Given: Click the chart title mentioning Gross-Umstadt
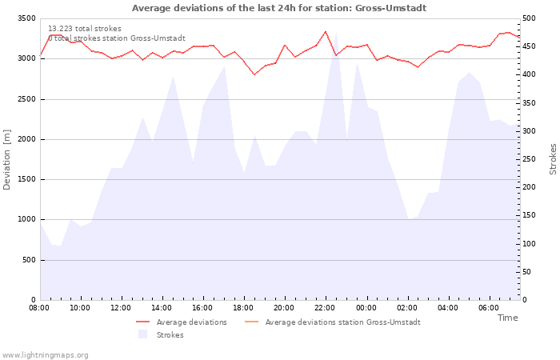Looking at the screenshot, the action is [x=279, y=8].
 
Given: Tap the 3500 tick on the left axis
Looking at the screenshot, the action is [x=26, y=18].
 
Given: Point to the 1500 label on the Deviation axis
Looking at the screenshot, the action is [x=26, y=180].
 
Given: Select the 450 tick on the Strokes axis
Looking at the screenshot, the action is [x=529, y=46].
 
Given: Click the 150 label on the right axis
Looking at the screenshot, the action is [x=529, y=215].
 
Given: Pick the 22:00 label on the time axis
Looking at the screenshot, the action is [x=326, y=308].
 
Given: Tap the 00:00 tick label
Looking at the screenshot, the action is [x=366, y=308].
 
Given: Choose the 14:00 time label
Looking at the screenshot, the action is [x=162, y=308].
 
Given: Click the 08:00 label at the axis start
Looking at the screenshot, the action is [x=39, y=308].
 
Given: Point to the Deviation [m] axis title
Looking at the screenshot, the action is [x=6, y=160].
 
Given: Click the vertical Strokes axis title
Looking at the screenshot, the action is [x=553, y=159].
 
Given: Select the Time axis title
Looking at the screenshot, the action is [x=508, y=318].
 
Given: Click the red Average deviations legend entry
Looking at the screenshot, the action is [x=182, y=322].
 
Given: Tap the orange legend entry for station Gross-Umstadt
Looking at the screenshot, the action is [x=333, y=322].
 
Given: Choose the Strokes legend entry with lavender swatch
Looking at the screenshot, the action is [x=161, y=334].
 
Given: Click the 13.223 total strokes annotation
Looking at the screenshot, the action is [x=85, y=29].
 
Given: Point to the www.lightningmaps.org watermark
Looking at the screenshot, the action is [x=45, y=355].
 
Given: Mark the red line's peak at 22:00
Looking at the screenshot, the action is [x=326, y=31].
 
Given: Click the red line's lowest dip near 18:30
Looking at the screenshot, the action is [x=254, y=74].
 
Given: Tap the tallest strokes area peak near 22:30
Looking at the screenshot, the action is [x=336, y=34].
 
